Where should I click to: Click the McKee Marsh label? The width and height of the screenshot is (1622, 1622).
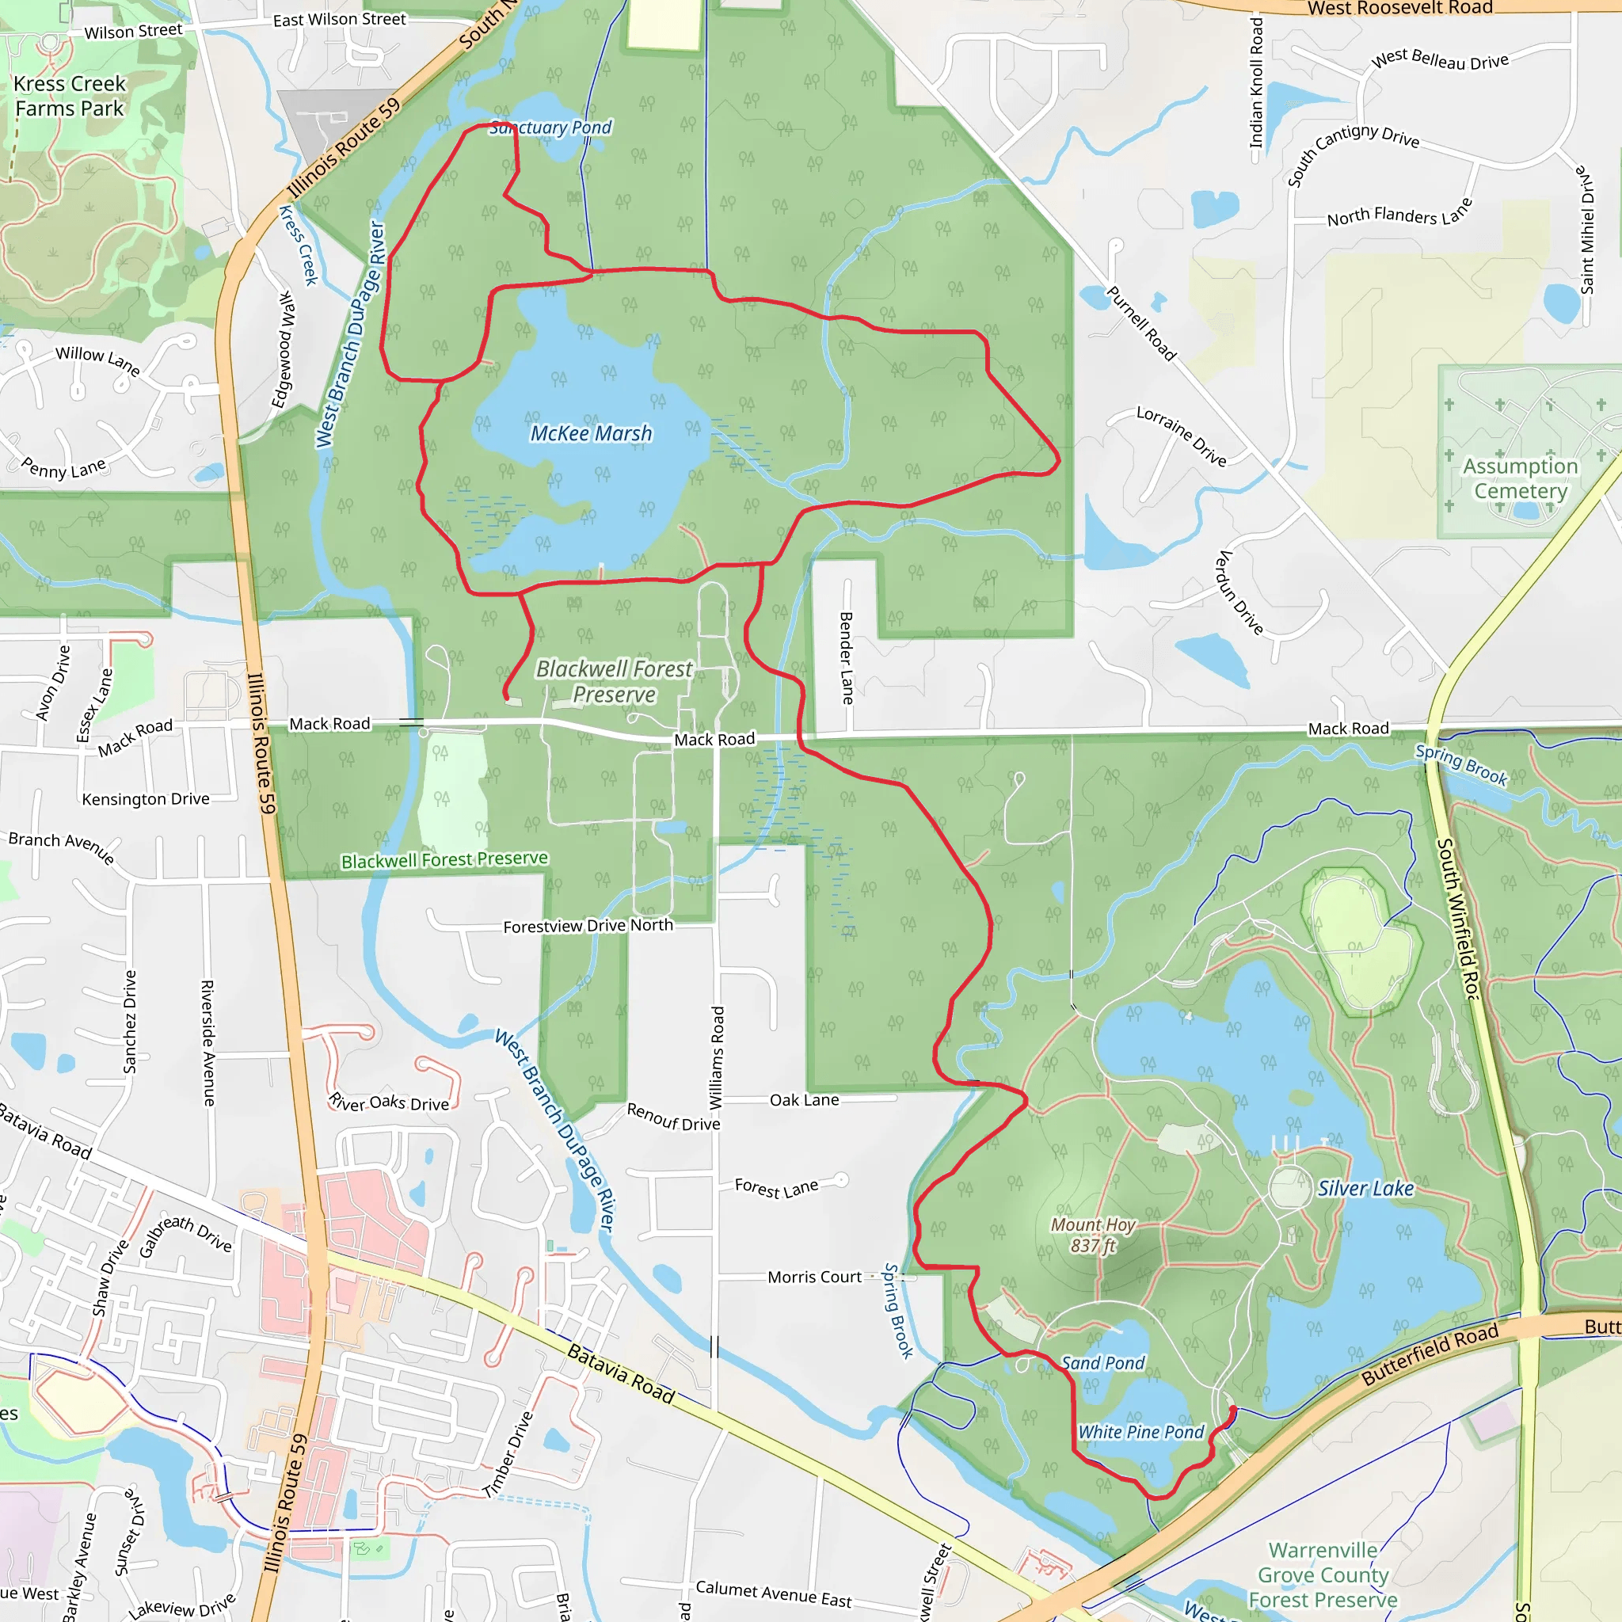pos(590,433)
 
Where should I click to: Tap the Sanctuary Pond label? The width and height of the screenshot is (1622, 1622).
pos(550,128)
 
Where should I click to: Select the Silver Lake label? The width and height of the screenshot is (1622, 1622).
pos(1365,1188)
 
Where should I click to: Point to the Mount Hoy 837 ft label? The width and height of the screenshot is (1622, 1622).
pos(1092,1235)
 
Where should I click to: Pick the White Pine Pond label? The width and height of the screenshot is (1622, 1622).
pos(1140,1431)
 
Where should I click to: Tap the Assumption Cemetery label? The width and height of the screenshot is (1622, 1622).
pos(1520,478)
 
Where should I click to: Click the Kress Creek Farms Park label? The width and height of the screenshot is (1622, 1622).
pos(70,96)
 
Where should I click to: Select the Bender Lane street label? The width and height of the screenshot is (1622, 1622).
pos(847,658)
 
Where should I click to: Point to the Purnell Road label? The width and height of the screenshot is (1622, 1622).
pos(1141,323)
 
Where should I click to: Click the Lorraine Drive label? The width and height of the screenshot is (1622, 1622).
pos(1181,436)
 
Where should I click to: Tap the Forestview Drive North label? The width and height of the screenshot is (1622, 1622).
pos(588,925)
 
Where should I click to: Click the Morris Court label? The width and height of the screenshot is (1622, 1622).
pos(813,1277)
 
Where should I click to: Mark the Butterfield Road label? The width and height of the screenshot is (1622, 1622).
pos(1429,1354)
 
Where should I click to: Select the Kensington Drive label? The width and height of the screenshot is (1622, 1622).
pos(145,798)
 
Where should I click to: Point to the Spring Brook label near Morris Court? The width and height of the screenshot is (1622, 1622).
pos(898,1311)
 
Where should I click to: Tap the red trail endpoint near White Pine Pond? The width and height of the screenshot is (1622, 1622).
pos(1232,1409)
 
